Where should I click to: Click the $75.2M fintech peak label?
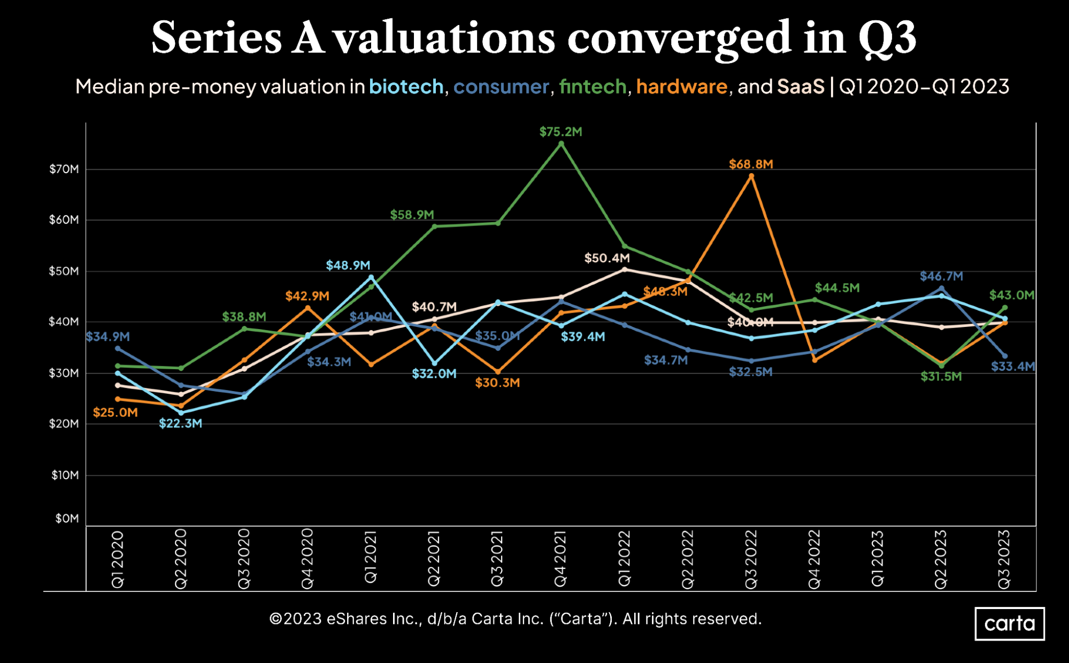(x=560, y=132)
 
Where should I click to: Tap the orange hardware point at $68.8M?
(x=751, y=176)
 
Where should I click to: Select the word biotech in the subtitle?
(x=406, y=87)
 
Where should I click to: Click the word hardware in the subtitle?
(x=681, y=87)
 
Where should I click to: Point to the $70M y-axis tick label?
(x=64, y=169)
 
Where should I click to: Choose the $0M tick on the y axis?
(x=67, y=518)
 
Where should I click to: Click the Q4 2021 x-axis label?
(x=560, y=559)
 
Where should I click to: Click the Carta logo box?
(x=1009, y=623)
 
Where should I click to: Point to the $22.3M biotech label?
(x=181, y=424)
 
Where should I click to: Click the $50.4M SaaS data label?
(x=607, y=259)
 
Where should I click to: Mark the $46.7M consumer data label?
(x=941, y=276)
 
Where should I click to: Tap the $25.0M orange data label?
(x=116, y=412)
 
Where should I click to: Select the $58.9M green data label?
(x=412, y=215)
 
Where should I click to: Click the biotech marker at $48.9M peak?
(x=371, y=277)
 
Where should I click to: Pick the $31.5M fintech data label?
(x=941, y=377)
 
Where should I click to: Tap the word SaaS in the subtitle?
(x=801, y=87)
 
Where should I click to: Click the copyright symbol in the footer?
(x=275, y=619)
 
